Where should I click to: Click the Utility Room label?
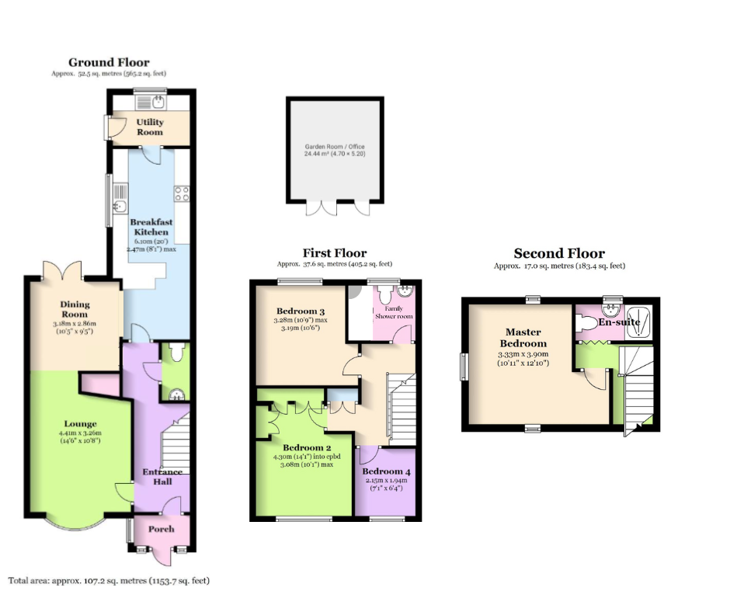[150, 127]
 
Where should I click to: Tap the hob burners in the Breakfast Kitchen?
[182, 193]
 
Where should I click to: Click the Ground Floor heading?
[109, 62]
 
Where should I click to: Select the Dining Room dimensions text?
[75, 328]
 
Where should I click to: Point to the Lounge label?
[81, 424]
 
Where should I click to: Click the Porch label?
[161, 529]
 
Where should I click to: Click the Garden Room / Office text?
[335, 146]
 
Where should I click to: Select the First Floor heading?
[335, 253]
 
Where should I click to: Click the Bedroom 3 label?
[301, 311]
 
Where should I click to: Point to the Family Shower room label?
[394, 312]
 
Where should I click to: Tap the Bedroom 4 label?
[387, 471]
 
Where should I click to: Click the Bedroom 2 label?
[307, 448]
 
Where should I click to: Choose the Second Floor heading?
[559, 253]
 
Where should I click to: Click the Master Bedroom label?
[523, 338]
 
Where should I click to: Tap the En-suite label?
[619, 322]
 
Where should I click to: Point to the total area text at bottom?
[109, 581]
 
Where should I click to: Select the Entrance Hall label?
[162, 477]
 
